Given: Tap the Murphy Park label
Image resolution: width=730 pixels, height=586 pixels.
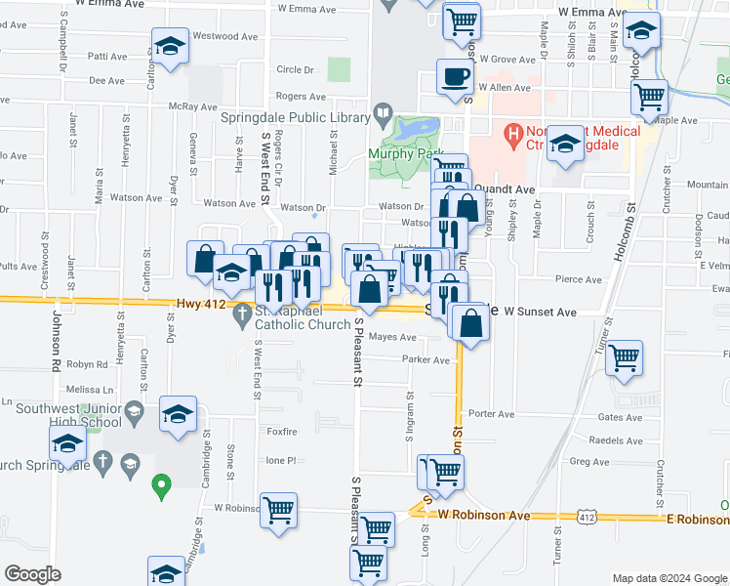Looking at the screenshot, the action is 406,152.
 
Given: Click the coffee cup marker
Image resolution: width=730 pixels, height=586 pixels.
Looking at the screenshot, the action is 454,76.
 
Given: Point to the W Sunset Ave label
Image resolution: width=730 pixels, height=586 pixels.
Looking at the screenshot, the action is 542,312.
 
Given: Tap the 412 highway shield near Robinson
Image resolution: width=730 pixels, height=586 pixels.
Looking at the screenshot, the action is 585,514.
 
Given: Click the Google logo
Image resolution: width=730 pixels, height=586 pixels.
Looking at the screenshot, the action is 32,574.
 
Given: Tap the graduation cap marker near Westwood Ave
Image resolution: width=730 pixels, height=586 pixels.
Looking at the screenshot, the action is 170,45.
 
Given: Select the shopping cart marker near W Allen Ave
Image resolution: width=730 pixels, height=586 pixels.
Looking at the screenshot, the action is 649,96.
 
